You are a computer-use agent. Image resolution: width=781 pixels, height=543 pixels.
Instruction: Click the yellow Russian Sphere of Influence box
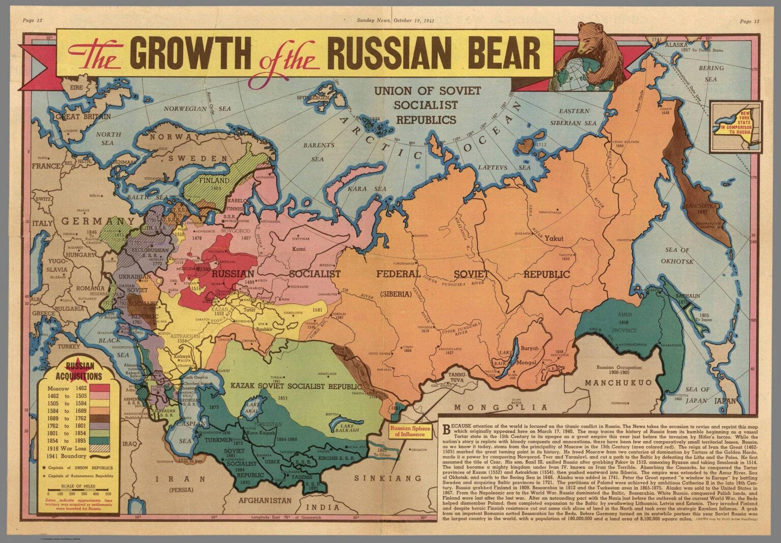coord(410,432)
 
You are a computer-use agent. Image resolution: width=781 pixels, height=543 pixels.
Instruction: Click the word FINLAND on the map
coord(214,181)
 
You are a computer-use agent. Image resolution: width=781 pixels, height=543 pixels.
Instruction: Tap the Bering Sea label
coord(711,73)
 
